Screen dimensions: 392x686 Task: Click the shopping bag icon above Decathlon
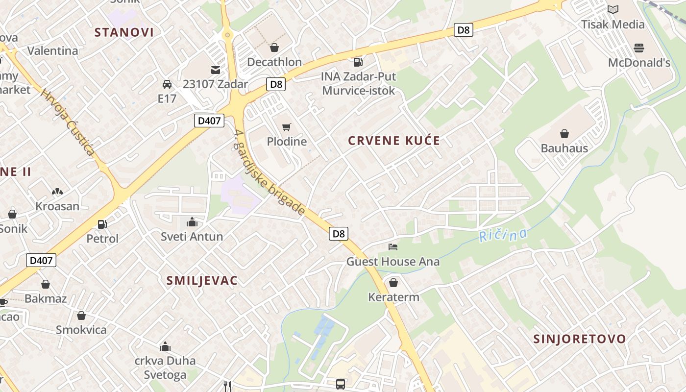pyautogui.click(x=274, y=48)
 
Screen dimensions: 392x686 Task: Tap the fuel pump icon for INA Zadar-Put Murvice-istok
pyautogui.click(x=358, y=62)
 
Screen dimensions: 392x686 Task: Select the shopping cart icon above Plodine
pyautogui.click(x=287, y=127)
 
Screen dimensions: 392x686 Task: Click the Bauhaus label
pyautogui.click(x=564, y=148)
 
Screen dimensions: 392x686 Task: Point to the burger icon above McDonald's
pyautogui.click(x=638, y=48)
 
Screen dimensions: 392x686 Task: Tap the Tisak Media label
pyautogui.click(x=612, y=24)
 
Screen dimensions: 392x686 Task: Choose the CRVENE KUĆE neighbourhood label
pyautogui.click(x=394, y=141)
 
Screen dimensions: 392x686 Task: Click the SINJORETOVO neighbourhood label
pyautogui.click(x=580, y=339)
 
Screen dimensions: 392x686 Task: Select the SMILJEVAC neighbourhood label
pyautogui.click(x=202, y=281)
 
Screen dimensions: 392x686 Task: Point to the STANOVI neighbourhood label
pyautogui.click(x=124, y=32)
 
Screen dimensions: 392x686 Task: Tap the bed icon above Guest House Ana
pyautogui.click(x=393, y=247)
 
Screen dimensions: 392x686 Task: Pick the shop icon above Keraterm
pyautogui.click(x=393, y=283)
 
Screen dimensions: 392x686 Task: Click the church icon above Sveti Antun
pyautogui.click(x=192, y=222)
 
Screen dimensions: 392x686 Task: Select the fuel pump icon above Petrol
pyautogui.click(x=102, y=224)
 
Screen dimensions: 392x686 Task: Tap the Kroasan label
pyautogui.click(x=57, y=206)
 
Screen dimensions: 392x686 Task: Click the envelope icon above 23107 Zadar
pyautogui.click(x=216, y=70)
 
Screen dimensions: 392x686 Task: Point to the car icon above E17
pyautogui.click(x=167, y=84)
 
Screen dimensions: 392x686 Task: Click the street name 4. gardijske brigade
pyautogui.click(x=269, y=173)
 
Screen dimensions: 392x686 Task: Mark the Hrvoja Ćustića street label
pyautogui.click(x=68, y=122)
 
